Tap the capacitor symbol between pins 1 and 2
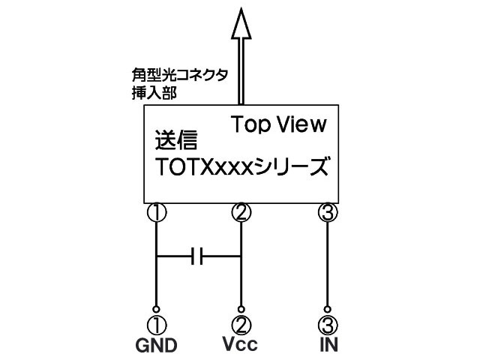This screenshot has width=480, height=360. [198, 257]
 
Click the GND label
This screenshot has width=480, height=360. [156, 346]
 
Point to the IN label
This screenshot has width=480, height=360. [328, 346]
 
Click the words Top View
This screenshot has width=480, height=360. [278, 124]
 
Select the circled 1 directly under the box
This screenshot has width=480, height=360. [156, 214]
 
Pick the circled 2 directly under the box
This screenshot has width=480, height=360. [240, 214]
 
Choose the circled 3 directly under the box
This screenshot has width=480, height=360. [328, 214]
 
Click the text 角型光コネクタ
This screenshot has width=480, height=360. [178, 77]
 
